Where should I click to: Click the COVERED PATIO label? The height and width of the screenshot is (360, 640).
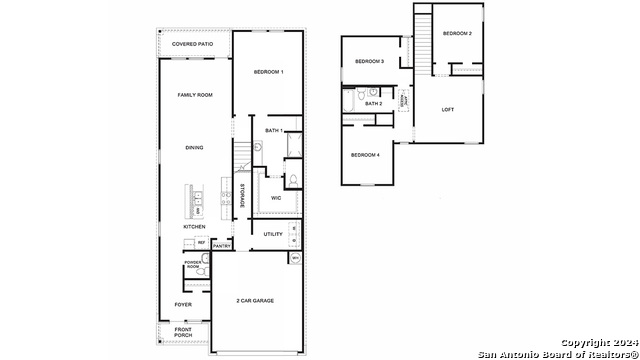click(192, 45)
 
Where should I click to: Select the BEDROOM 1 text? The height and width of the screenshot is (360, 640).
click(268, 72)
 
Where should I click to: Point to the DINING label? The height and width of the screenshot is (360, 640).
click(194, 148)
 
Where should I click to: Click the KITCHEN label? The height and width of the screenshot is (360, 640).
click(194, 227)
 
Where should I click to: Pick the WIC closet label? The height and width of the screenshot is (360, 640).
click(276, 198)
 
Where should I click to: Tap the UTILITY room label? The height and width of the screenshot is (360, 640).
click(273, 234)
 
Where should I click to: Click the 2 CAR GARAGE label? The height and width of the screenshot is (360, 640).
click(255, 300)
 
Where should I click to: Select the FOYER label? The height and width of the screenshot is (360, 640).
click(183, 304)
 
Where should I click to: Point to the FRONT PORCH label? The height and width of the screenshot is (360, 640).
click(183, 333)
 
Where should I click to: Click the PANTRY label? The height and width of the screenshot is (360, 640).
click(222, 245)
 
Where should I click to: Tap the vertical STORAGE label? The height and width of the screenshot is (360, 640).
click(242, 194)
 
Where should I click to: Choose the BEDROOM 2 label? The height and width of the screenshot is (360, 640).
click(457, 34)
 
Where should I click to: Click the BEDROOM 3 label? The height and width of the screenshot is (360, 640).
click(369, 62)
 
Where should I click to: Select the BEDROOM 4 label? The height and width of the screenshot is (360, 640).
click(364, 155)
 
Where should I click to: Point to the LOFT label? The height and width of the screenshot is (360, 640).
click(447, 109)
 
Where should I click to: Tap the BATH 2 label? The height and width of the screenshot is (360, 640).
click(373, 104)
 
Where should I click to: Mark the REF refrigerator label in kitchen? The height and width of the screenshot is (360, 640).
click(201, 243)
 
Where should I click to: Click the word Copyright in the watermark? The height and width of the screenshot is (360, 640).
click(590, 342)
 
